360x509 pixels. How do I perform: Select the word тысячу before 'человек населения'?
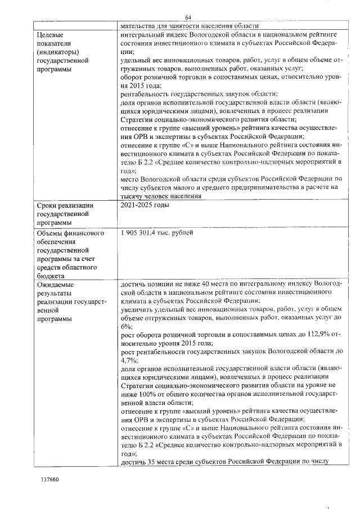tap(136, 196)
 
